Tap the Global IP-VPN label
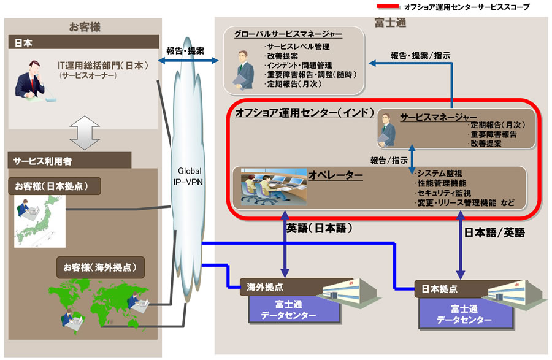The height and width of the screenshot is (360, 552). tap(190, 175)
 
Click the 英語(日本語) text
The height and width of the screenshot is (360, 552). tap(317, 228)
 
